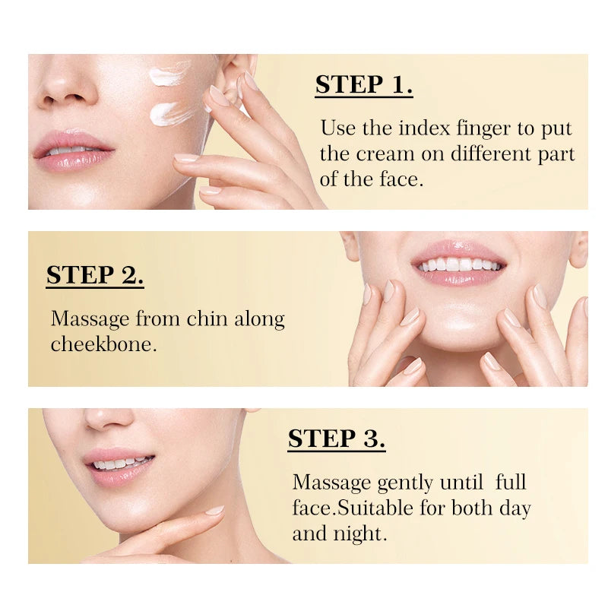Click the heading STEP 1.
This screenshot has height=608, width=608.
364,84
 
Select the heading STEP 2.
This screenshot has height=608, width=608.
95,275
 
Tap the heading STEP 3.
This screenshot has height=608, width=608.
337,439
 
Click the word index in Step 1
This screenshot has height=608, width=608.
424,128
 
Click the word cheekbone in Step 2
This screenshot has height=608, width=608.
103,344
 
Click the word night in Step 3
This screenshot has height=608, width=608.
360,534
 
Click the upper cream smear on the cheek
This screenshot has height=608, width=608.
169,74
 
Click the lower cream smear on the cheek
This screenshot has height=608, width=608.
173,113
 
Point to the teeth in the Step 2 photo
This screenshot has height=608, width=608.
458,264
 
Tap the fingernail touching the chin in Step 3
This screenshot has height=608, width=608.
214,510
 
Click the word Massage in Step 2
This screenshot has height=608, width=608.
90,319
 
